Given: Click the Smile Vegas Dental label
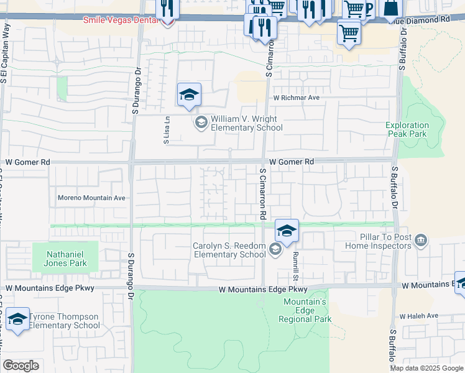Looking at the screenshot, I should (x=121, y=20).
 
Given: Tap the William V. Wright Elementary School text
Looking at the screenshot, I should (x=246, y=123).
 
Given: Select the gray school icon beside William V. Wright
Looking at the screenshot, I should (x=201, y=122).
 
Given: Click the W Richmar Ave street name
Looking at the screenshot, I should (x=296, y=98).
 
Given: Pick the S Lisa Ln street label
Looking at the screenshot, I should (x=167, y=132).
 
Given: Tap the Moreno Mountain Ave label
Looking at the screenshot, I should (x=92, y=198).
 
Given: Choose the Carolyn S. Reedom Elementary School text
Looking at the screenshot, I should (x=229, y=250).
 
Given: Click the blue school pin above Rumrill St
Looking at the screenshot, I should (x=287, y=231).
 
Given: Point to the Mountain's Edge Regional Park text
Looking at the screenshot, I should (x=305, y=310).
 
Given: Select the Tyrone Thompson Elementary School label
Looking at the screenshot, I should (x=65, y=321).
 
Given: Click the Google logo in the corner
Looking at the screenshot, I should (x=21, y=366).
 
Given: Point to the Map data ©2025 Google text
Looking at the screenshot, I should (x=427, y=368).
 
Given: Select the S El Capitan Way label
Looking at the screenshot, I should (x=4, y=56).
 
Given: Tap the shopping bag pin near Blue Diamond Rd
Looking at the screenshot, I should (x=392, y=9).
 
